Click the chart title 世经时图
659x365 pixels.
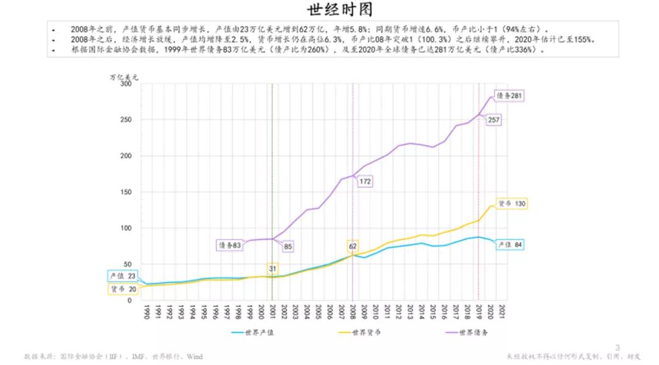coord(330,10)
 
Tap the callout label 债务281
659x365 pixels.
coord(510,96)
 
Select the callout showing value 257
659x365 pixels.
coord(494,119)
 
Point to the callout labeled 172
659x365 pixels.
coord(365,181)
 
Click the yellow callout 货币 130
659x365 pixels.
coord(511,204)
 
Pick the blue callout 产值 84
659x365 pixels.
coord(511,244)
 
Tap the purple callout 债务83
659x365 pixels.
coord(229,244)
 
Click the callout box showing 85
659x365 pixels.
coord(287,247)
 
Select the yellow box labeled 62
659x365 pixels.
coord(353,247)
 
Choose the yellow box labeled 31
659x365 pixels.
coord(272,268)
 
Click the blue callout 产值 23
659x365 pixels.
coord(122,275)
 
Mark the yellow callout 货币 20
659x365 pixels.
coord(123,289)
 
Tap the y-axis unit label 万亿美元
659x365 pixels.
coord(124,77)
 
